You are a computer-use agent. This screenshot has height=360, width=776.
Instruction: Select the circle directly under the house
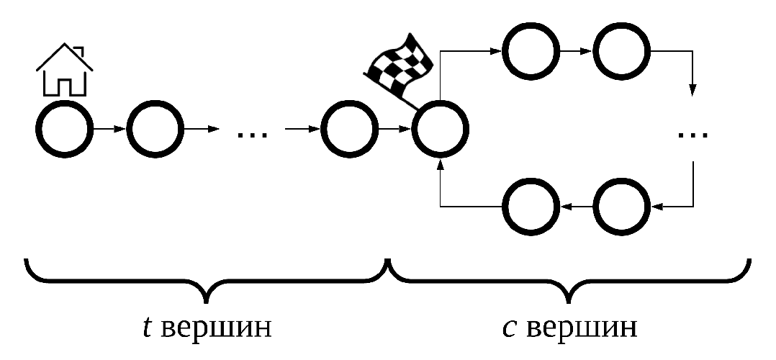click(64, 130)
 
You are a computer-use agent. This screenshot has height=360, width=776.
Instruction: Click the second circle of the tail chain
click(156, 130)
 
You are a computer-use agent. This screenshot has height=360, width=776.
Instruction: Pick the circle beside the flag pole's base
click(440, 130)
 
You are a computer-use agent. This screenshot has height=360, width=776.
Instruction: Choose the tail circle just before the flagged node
click(349, 130)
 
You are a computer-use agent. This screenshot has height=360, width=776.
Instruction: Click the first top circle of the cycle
click(531, 51)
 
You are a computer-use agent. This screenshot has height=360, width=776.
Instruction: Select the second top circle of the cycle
click(622, 51)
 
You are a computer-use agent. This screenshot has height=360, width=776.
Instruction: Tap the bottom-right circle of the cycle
click(622, 207)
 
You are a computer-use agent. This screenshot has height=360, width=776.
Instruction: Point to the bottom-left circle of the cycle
click(531, 207)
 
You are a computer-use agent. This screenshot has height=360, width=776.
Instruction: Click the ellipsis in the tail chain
click(251, 133)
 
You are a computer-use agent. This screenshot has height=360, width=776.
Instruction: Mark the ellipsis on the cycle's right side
click(692, 133)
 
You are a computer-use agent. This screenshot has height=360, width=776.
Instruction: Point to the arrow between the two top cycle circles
click(576, 51)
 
